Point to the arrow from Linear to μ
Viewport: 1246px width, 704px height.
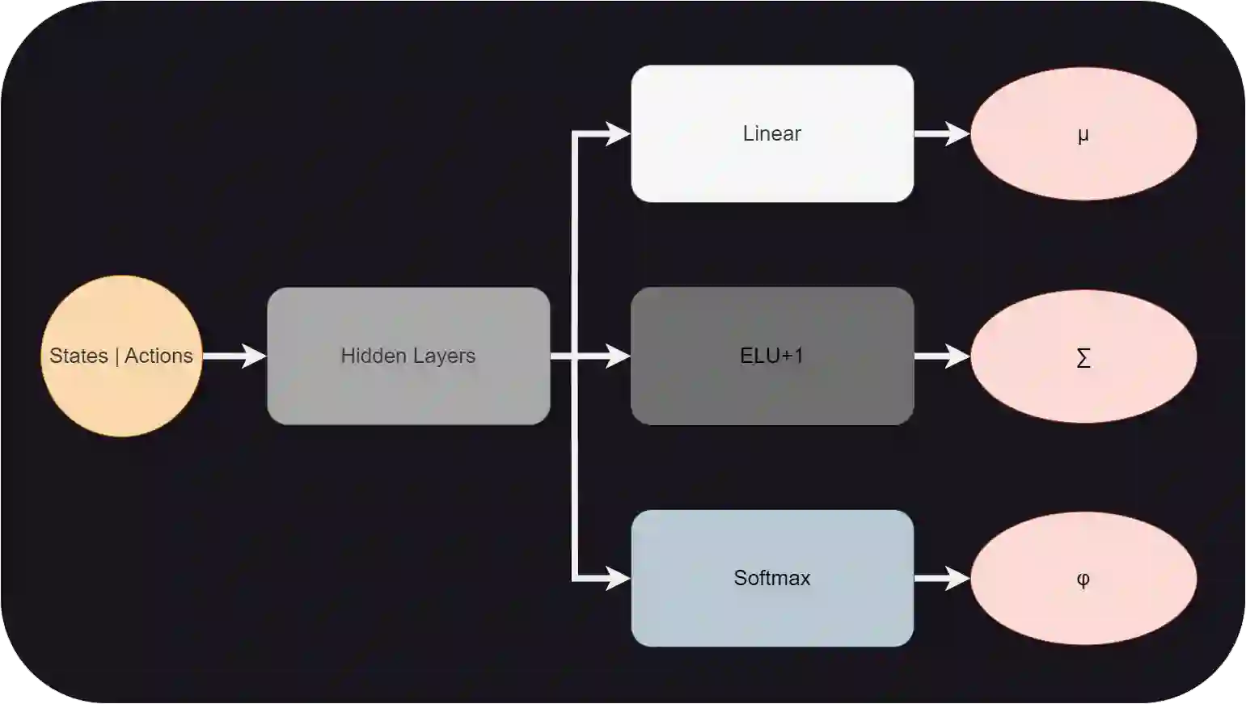point(941,133)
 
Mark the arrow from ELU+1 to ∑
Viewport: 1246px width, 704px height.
point(941,356)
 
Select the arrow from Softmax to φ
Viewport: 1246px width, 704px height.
point(941,578)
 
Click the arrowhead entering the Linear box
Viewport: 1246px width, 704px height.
point(618,133)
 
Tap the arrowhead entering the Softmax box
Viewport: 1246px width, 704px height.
point(618,578)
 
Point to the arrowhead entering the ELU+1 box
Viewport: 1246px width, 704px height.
point(618,356)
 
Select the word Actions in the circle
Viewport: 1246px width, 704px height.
point(158,356)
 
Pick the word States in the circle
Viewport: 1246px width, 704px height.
point(78,356)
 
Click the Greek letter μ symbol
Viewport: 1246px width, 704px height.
point(1083,135)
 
